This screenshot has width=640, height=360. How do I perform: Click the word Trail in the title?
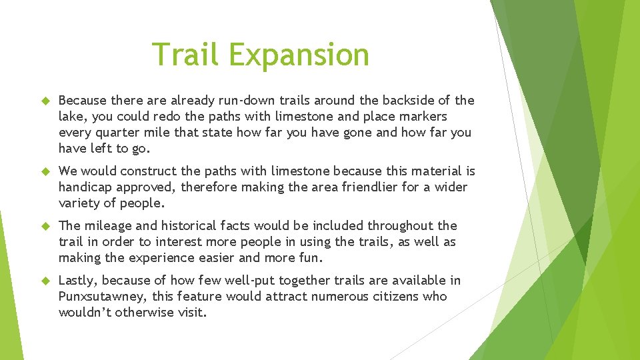[x=185, y=55]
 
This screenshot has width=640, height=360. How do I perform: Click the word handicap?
[x=83, y=187]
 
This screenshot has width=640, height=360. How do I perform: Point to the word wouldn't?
[x=85, y=313]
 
